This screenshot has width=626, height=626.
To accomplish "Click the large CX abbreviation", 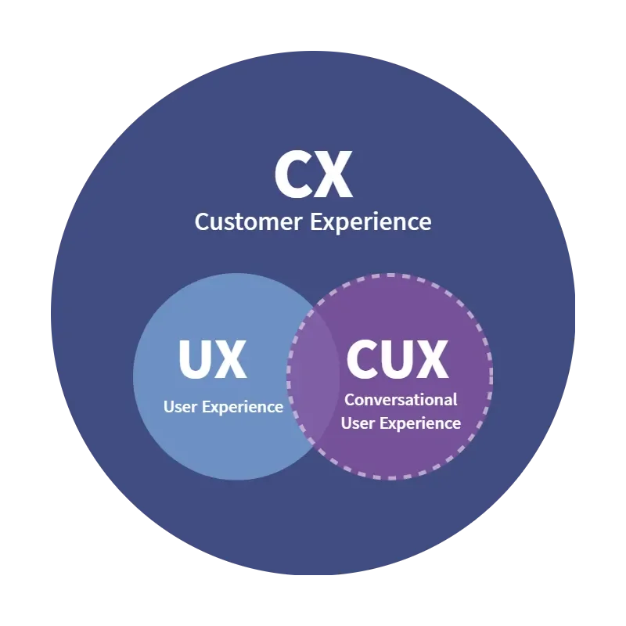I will click(x=313, y=175).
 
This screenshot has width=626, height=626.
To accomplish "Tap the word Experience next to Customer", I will click(x=371, y=221).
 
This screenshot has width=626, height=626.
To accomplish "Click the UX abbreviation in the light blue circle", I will click(x=212, y=359).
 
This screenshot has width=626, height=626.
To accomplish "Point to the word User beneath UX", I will click(x=181, y=407).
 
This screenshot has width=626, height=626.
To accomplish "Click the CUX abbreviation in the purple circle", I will click(x=397, y=359).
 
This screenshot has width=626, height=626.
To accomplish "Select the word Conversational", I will click(x=401, y=399).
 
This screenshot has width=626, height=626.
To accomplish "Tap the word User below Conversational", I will click(x=358, y=423).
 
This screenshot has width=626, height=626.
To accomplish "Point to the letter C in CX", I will click(x=293, y=175).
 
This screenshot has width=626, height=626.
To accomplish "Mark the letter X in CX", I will click(x=335, y=175).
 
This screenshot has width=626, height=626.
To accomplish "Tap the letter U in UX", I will click(x=194, y=359).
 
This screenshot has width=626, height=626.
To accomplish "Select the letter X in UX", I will click(x=231, y=359).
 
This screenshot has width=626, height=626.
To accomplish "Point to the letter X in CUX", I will click(x=431, y=359).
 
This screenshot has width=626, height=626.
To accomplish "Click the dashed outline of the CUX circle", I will click(x=491, y=376).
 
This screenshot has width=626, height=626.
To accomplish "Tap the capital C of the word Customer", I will click(x=201, y=221).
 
